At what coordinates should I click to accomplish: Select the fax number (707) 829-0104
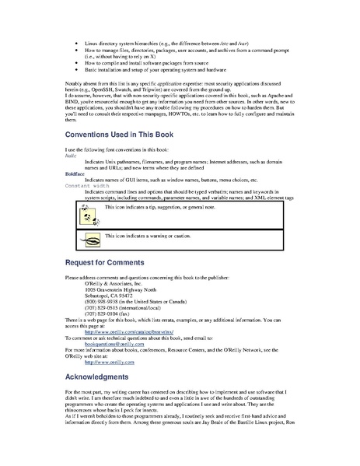pyautogui.click(x=114, y=314)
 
